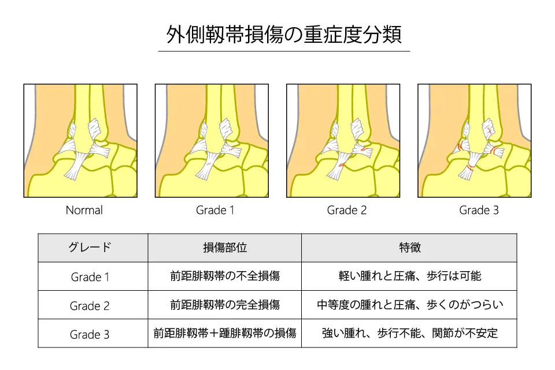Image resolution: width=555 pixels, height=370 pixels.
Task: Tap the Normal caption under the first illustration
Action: tap(84, 210)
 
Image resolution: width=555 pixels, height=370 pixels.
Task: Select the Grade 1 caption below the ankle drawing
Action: tap(215, 210)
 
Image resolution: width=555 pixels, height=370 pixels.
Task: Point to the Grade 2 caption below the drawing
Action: tap(347, 210)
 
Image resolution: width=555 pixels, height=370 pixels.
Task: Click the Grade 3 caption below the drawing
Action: tap(479, 210)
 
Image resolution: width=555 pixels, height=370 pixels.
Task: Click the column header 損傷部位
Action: tap(224, 247)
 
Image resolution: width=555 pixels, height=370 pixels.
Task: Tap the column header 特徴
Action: tap(409, 247)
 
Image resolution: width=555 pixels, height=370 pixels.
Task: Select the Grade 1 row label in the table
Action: tap(90, 277)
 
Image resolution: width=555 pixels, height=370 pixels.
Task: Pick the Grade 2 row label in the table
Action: tap(90, 305)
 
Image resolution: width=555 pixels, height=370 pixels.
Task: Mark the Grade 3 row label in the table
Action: tap(90, 334)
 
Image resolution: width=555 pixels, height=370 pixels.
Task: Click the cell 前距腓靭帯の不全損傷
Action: tap(224, 276)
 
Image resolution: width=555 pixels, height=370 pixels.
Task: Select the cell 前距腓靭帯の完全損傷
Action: tap(224, 305)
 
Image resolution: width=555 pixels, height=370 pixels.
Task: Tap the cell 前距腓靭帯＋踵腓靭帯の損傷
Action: tap(224, 334)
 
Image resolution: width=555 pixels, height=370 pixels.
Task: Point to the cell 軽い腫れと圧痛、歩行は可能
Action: tap(409, 276)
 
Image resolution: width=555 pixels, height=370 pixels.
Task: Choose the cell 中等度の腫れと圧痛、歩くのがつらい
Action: tap(409, 305)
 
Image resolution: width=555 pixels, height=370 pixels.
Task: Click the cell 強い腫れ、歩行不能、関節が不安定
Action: tap(409, 334)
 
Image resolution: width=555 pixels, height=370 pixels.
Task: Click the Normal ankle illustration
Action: tap(80, 140)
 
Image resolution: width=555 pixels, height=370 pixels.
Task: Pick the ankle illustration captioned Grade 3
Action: tap(474, 140)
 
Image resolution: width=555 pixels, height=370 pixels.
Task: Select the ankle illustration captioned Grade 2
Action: tap(343, 140)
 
